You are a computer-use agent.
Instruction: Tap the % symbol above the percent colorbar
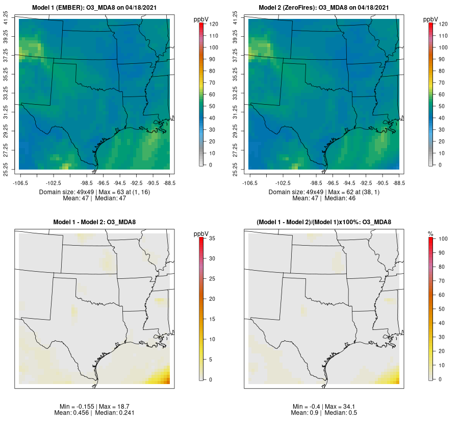(x=430, y=234)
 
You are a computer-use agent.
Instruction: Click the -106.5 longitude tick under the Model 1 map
(x=19, y=182)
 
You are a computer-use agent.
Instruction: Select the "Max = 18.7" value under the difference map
(x=113, y=406)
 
